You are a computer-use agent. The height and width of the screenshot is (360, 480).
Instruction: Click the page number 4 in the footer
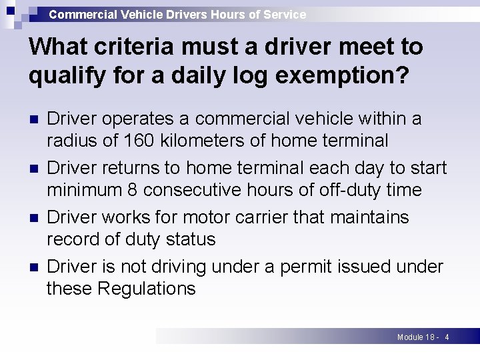coord(447,337)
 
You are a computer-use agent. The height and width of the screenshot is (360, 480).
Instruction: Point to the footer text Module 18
coord(416,337)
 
